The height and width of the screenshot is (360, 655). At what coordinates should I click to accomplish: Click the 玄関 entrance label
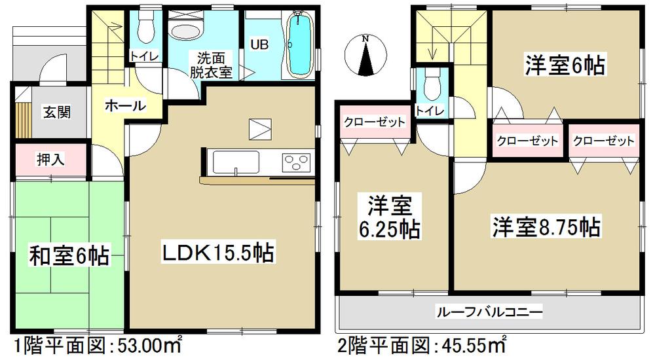57,112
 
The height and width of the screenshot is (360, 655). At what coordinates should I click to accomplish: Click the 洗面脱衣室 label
211,65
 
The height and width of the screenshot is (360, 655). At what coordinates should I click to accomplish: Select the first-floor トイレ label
144,56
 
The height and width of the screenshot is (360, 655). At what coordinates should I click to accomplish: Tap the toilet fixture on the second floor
430,83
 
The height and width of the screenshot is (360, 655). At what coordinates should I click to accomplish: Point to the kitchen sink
234,160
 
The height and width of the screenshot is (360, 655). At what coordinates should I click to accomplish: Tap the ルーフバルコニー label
489,313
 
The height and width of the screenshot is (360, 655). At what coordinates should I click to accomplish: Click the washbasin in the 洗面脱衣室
187,29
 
